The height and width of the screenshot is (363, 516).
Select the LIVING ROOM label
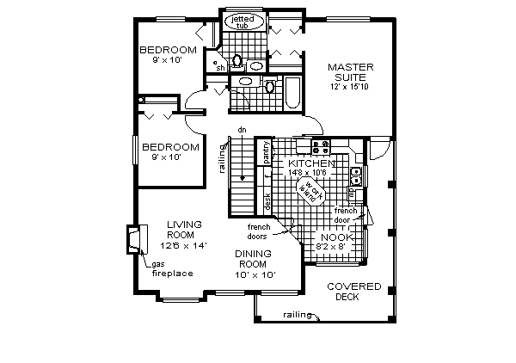tap(184, 230)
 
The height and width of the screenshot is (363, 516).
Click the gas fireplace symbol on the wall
tap(132, 239)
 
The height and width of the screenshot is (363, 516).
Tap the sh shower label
tap(220, 67)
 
